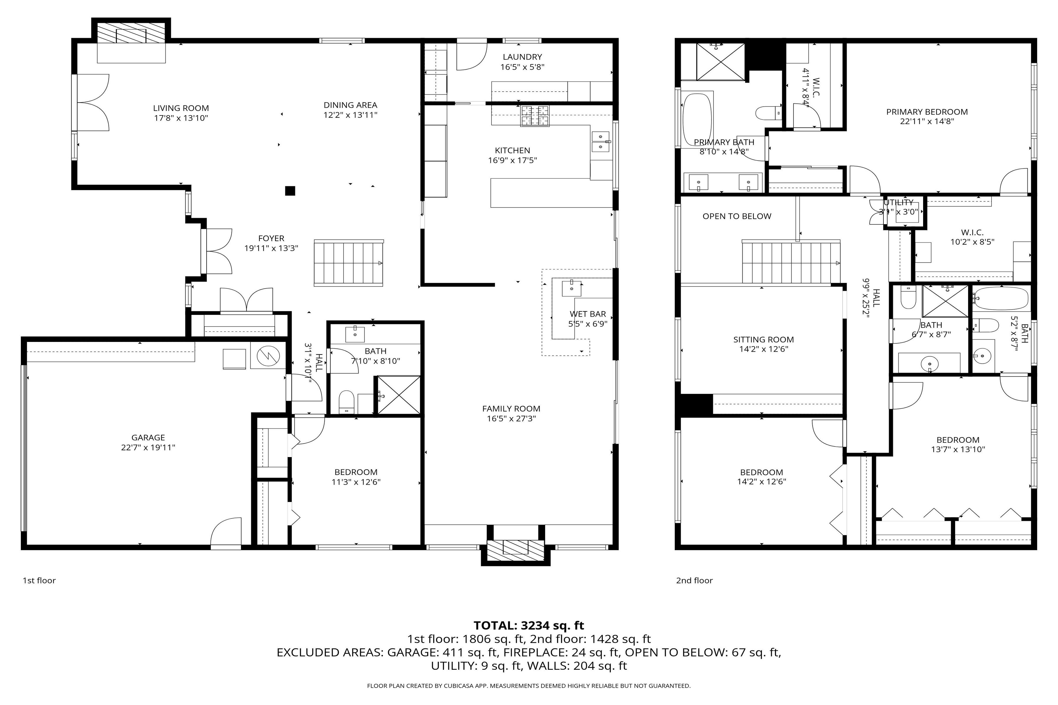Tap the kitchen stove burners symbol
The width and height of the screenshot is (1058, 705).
(x=535, y=115)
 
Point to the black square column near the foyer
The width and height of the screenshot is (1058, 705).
(x=290, y=191)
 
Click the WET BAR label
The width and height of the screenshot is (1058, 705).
(x=587, y=314)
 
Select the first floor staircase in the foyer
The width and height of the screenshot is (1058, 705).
(x=349, y=263)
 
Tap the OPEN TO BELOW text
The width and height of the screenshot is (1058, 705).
(x=737, y=216)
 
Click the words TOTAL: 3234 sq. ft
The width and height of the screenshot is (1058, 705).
(x=528, y=625)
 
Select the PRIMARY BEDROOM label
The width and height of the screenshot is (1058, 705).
(x=927, y=112)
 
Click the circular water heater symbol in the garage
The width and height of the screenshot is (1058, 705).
(x=268, y=356)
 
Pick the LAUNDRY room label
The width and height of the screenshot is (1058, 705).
(x=522, y=57)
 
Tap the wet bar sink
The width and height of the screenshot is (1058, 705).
(x=571, y=288)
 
